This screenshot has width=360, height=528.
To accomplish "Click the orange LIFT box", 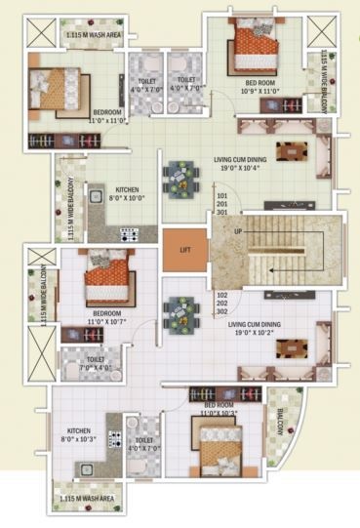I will pyautogui.click(x=184, y=250).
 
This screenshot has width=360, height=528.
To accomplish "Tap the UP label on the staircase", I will pyautogui.click(x=238, y=231).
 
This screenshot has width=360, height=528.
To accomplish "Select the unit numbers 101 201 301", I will pyautogui.click(x=221, y=204).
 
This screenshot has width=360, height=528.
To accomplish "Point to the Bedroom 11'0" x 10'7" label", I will pyautogui.click(x=100, y=318).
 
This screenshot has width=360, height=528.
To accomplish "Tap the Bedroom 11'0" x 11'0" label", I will pyautogui.click(x=100, y=117).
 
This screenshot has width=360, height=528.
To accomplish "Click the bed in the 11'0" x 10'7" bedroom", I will pyautogui.click(x=106, y=281).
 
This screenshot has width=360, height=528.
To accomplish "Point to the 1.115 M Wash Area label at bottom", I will pyautogui.click(x=89, y=499).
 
